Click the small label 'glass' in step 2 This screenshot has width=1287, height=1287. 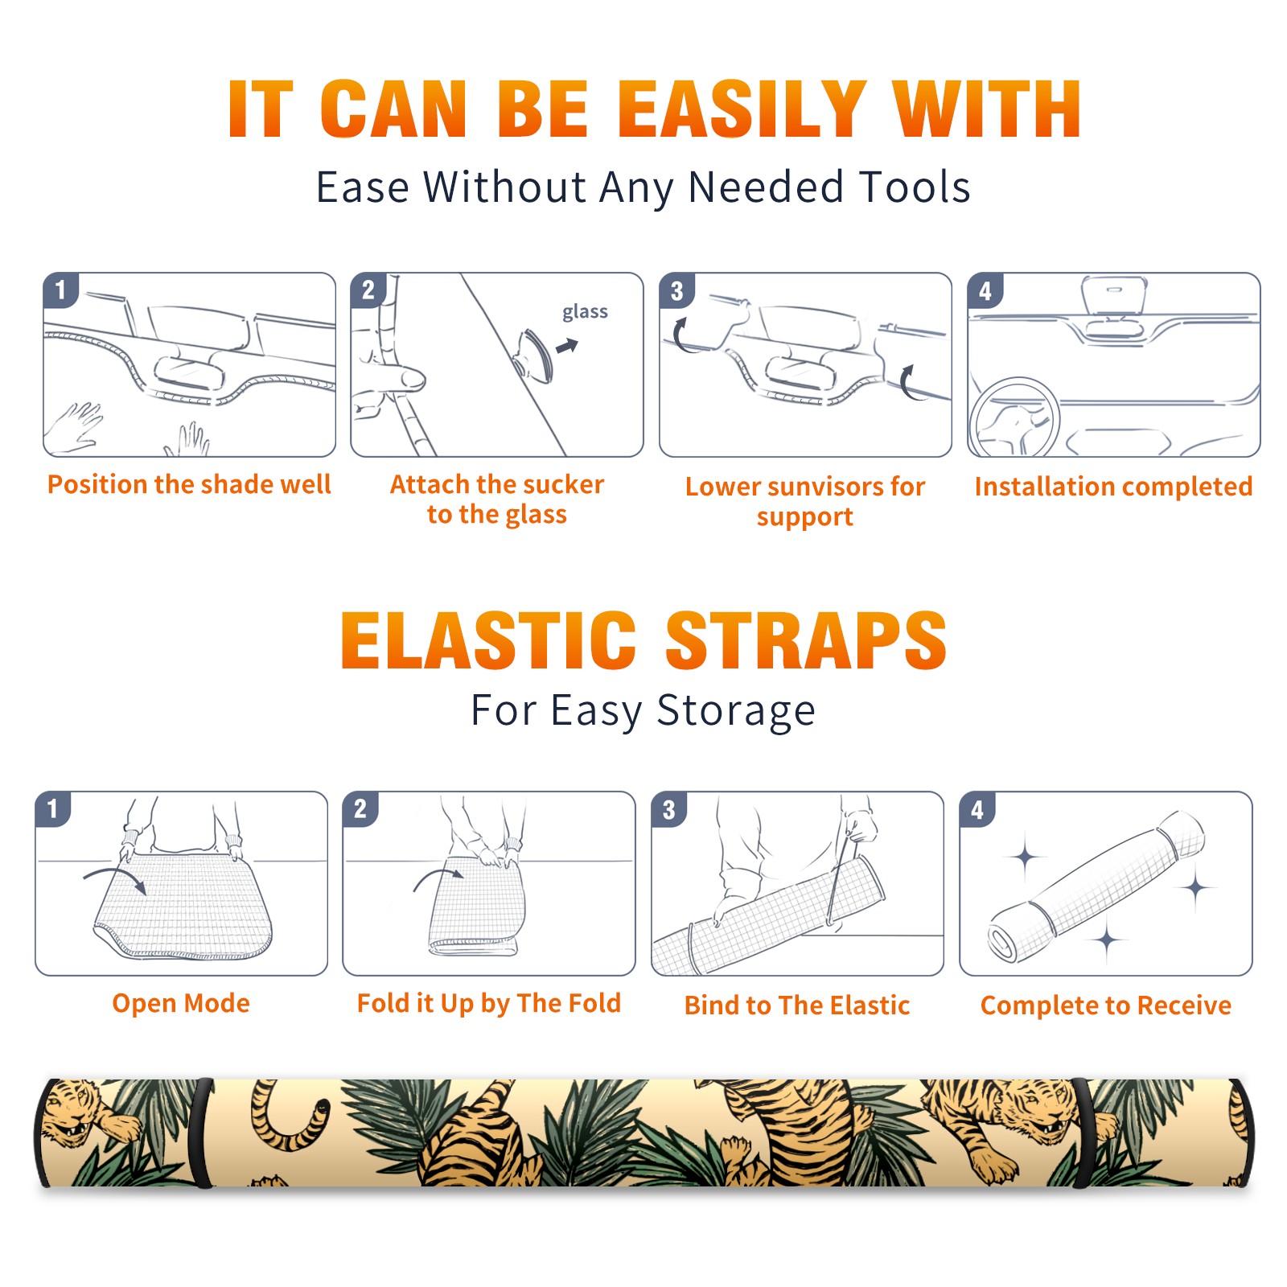pos(585,312)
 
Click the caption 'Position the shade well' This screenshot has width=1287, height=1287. pos(189,484)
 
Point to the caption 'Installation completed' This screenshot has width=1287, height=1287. pos(1113,487)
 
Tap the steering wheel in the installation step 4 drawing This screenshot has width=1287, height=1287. pos(1014,418)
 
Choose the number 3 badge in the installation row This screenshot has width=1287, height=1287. pos(676,291)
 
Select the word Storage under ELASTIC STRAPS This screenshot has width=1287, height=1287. pos(736,711)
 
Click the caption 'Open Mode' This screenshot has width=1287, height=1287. pos(181,1003)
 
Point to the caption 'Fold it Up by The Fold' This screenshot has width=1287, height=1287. pos(489,1004)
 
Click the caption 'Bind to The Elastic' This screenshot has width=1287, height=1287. pos(797,1005)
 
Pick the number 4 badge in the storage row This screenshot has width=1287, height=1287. pos(977,809)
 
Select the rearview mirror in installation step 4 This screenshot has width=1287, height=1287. pos(1113,297)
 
